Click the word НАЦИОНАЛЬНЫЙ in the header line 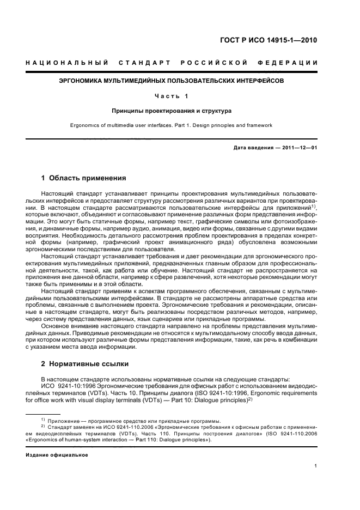point(66,63)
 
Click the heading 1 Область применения point(84,178)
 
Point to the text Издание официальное point(57,454)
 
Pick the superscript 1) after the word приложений point(313,207)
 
